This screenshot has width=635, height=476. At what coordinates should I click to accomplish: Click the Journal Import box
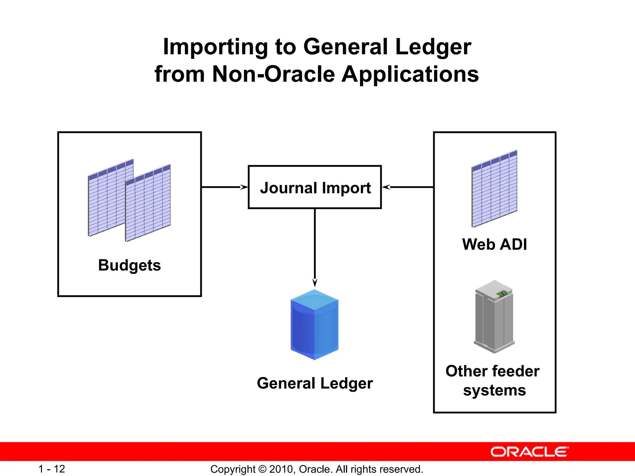(x=315, y=187)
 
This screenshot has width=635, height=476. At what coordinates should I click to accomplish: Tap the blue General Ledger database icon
(x=314, y=325)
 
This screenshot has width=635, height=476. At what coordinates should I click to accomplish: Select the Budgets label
(x=130, y=265)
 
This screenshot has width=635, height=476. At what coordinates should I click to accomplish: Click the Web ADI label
(x=494, y=244)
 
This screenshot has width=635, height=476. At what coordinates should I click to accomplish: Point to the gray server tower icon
(x=494, y=318)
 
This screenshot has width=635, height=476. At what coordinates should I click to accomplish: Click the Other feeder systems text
(x=493, y=381)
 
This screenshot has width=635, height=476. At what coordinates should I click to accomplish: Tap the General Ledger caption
(x=315, y=383)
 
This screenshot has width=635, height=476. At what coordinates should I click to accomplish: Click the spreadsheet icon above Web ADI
(x=494, y=189)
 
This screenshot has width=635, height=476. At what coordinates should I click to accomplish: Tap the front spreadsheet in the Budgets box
(x=148, y=203)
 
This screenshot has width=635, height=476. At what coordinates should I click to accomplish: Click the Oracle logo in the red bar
(x=530, y=452)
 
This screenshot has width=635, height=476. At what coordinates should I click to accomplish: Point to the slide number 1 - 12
(x=51, y=469)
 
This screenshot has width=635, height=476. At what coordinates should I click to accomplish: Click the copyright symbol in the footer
(x=262, y=469)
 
